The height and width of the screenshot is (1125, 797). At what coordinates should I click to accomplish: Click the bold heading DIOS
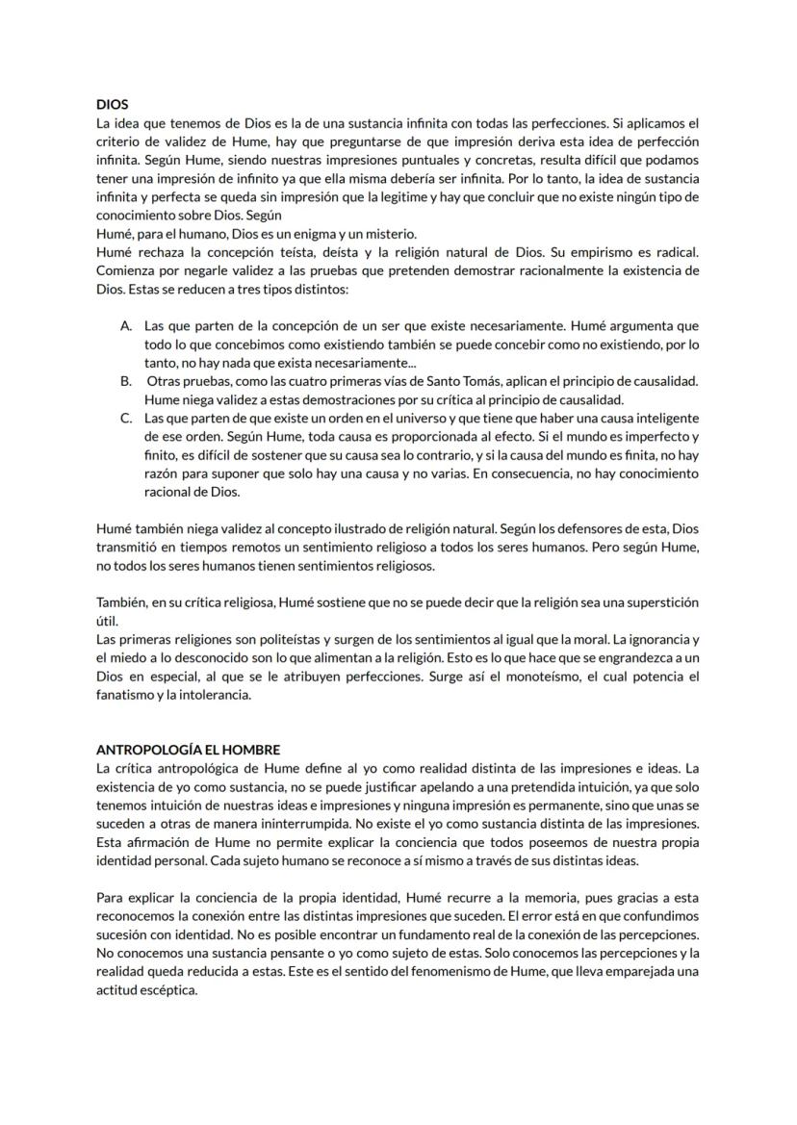click(x=113, y=105)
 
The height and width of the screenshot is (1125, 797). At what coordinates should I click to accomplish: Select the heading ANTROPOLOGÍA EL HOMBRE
click(x=189, y=750)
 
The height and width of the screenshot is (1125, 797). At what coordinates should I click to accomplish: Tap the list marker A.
click(x=126, y=326)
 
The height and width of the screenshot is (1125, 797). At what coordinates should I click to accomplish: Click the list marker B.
click(x=126, y=382)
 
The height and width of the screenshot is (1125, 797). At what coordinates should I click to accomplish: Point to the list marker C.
click(x=126, y=419)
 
